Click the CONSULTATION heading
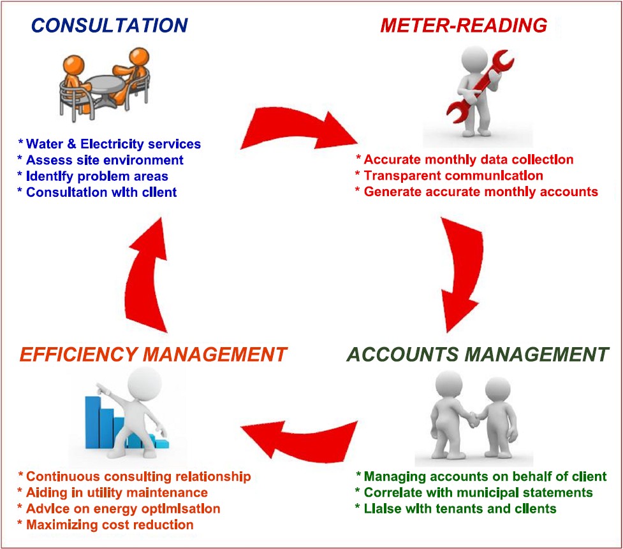pyautogui.click(x=109, y=25)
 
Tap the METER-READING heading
pyautogui.click(x=464, y=25)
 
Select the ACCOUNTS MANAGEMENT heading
pyautogui.click(x=478, y=354)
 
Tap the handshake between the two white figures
pyautogui.click(x=473, y=420)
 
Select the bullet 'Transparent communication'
pyautogui.click(x=450, y=175)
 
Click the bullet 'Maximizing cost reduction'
pyautogui.click(x=106, y=525)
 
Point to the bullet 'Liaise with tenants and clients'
pyautogui.click(x=456, y=508)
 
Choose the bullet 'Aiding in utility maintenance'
pyautogui.click(x=113, y=492)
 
